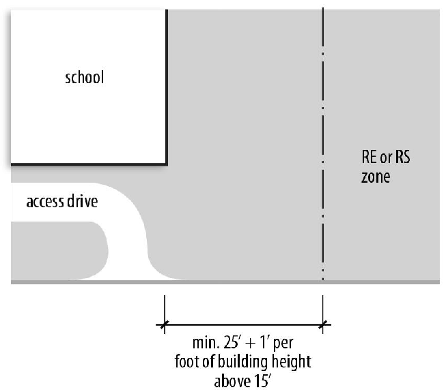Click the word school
click(85, 77)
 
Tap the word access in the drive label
click(45, 202)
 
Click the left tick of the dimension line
click(163, 325)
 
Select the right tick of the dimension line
click(323, 325)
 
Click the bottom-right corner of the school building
click(167, 164)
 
